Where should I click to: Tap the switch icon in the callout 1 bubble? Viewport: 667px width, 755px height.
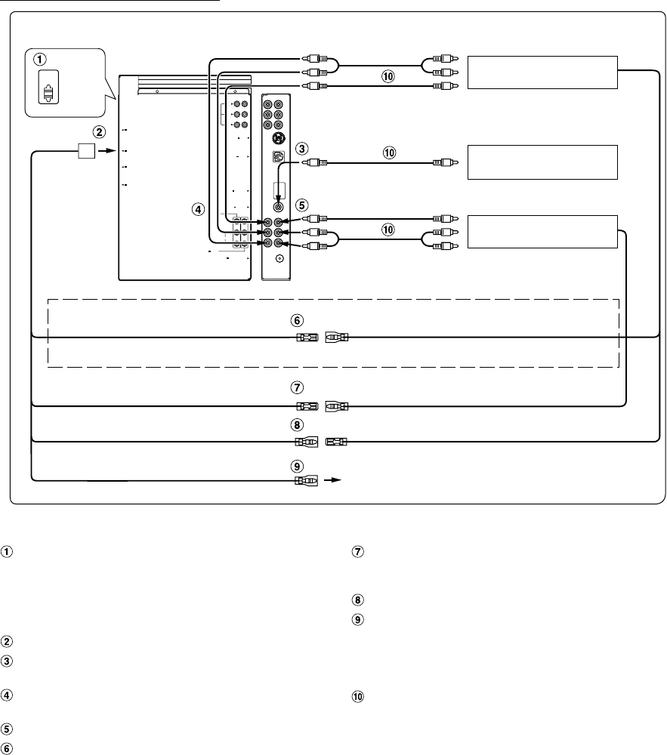47,91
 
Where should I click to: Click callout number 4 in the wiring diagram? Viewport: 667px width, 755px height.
199,208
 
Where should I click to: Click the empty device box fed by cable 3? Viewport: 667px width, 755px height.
542,162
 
